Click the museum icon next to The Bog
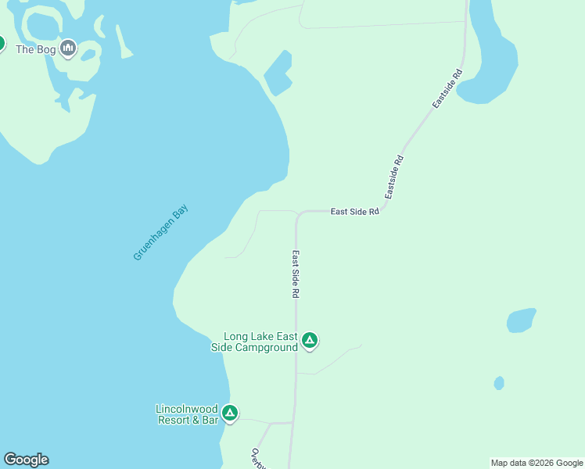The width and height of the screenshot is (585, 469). click(68, 48)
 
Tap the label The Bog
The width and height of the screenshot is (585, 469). click(35, 48)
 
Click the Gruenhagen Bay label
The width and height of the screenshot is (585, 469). click(161, 233)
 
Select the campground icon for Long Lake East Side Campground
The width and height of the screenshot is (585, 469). click(310, 340)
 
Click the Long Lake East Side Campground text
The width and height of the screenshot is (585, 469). click(257, 342)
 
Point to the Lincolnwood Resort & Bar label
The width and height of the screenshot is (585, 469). click(186, 414)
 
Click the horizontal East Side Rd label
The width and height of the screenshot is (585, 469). click(354, 211)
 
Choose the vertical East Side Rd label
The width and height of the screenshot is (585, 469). click(296, 274)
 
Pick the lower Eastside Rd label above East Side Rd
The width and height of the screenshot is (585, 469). click(394, 177)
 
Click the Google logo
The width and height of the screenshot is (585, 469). click(26, 460)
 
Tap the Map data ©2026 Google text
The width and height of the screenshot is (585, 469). click(537, 463)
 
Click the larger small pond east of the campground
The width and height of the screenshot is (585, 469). click(521, 320)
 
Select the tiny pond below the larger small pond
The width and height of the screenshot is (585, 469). click(499, 383)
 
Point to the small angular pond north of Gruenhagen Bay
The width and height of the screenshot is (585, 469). click(277, 73)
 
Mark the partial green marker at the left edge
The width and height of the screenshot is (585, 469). click(2, 43)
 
